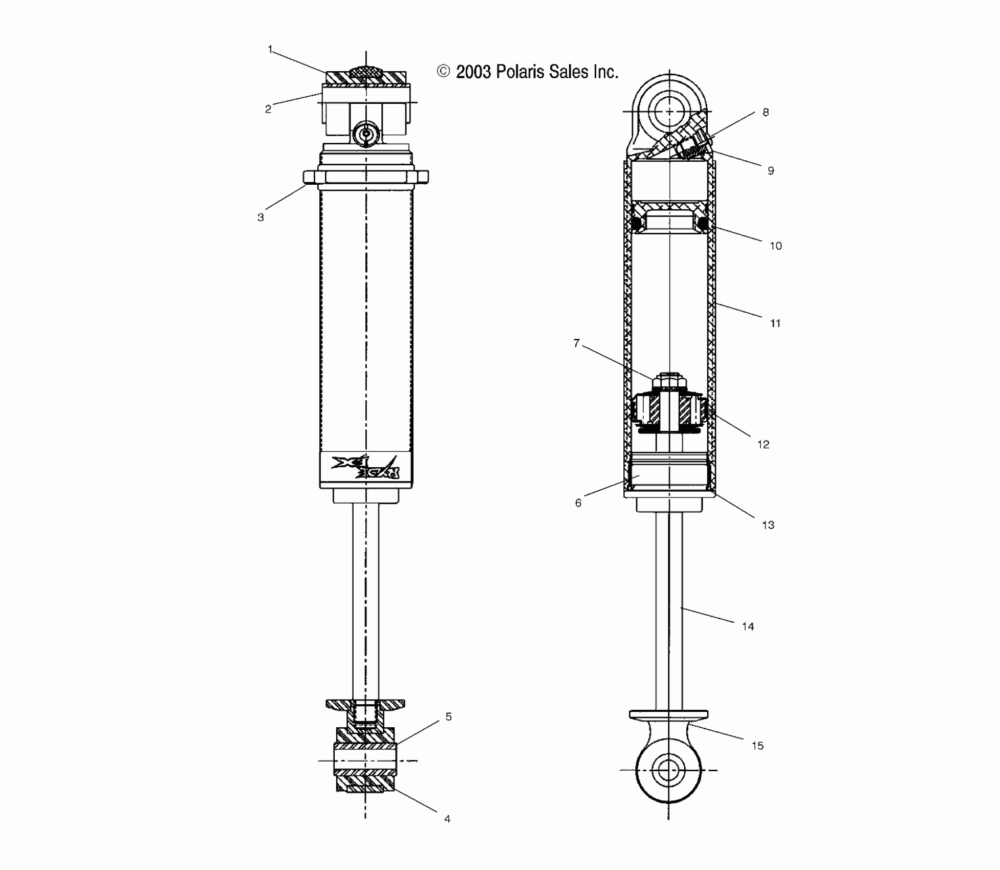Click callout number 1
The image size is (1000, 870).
tap(270, 50)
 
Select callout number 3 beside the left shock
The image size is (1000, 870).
tap(260, 217)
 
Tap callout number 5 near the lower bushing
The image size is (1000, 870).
tap(448, 716)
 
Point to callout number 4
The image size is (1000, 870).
tap(447, 819)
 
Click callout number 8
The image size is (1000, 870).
tap(766, 113)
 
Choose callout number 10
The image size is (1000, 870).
tap(776, 246)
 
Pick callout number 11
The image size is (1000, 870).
tap(775, 323)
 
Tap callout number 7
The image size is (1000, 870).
tap(576, 343)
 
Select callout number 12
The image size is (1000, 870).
tap(763, 445)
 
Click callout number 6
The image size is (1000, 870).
tap(578, 503)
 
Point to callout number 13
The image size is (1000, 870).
tap(768, 525)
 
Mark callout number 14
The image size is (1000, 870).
tap(748, 626)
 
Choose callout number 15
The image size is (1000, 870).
tap(757, 746)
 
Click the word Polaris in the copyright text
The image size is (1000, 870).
tap(519, 72)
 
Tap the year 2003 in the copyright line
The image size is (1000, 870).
tap(473, 72)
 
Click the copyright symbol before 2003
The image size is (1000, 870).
tap(443, 72)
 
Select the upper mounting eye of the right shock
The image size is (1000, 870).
tap(669, 111)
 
